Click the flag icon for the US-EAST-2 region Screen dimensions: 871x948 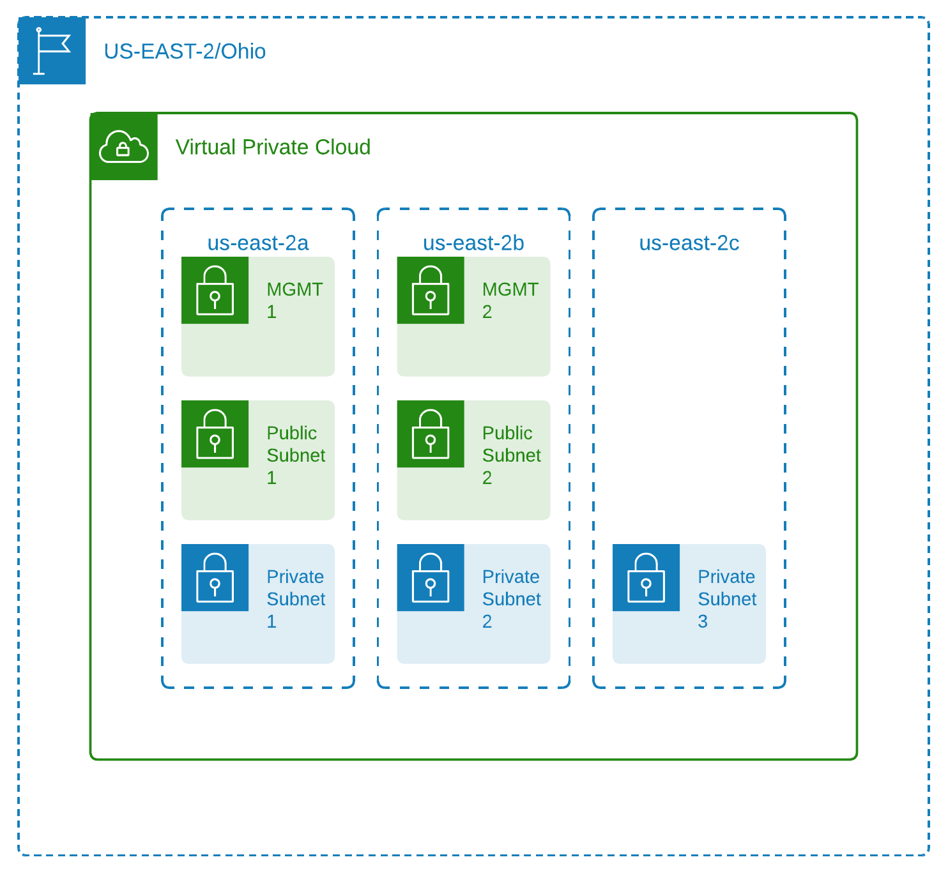(x=52, y=50)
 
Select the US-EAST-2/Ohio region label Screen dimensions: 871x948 (x=185, y=51)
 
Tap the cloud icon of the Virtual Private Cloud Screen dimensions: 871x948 (x=124, y=147)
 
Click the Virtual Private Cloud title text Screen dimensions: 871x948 (x=273, y=148)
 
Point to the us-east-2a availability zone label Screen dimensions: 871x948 (x=258, y=243)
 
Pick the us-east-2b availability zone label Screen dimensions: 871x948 (x=473, y=243)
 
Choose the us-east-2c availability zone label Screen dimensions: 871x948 (x=689, y=243)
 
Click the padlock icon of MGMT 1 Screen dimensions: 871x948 (x=215, y=291)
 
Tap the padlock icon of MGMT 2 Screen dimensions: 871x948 (x=431, y=291)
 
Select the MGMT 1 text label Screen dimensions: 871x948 (x=294, y=300)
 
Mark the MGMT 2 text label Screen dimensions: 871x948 (x=510, y=300)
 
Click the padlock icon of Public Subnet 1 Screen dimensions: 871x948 (x=215, y=434)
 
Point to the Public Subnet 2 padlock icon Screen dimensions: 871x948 (x=431, y=434)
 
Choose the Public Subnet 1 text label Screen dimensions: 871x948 (x=295, y=455)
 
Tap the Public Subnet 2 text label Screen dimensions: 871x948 (x=511, y=455)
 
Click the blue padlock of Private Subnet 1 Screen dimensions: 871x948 (x=215, y=578)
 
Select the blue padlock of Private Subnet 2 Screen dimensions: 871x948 (x=431, y=578)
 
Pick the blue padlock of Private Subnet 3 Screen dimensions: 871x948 (x=646, y=578)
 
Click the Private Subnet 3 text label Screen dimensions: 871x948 (x=726, y=598)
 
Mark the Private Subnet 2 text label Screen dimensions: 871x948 (x=511, y=598)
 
